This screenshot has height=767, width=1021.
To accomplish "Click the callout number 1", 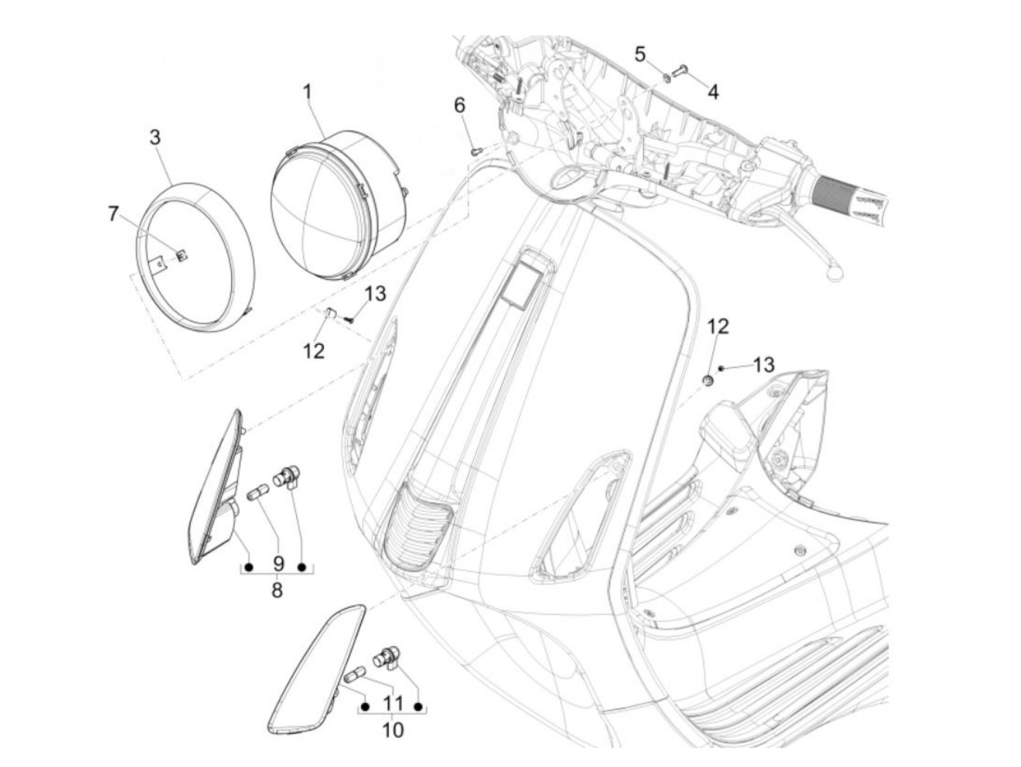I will click(307, 93).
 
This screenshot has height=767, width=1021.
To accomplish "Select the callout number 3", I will click(155, 138).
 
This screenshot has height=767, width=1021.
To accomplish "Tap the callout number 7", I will click(112, 214).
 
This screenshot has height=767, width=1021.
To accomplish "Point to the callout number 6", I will click(459, 106).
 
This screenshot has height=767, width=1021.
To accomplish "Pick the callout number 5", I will click(640, 54).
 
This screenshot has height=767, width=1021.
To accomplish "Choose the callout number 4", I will click(713, 92).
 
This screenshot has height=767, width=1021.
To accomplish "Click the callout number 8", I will click(276, 589).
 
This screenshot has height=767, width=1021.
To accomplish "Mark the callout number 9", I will click(277, 564).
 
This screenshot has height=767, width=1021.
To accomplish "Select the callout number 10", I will click(392, 729).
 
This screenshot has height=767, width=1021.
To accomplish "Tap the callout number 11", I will click(392, 704).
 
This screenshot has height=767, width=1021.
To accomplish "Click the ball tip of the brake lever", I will click(835, 271).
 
